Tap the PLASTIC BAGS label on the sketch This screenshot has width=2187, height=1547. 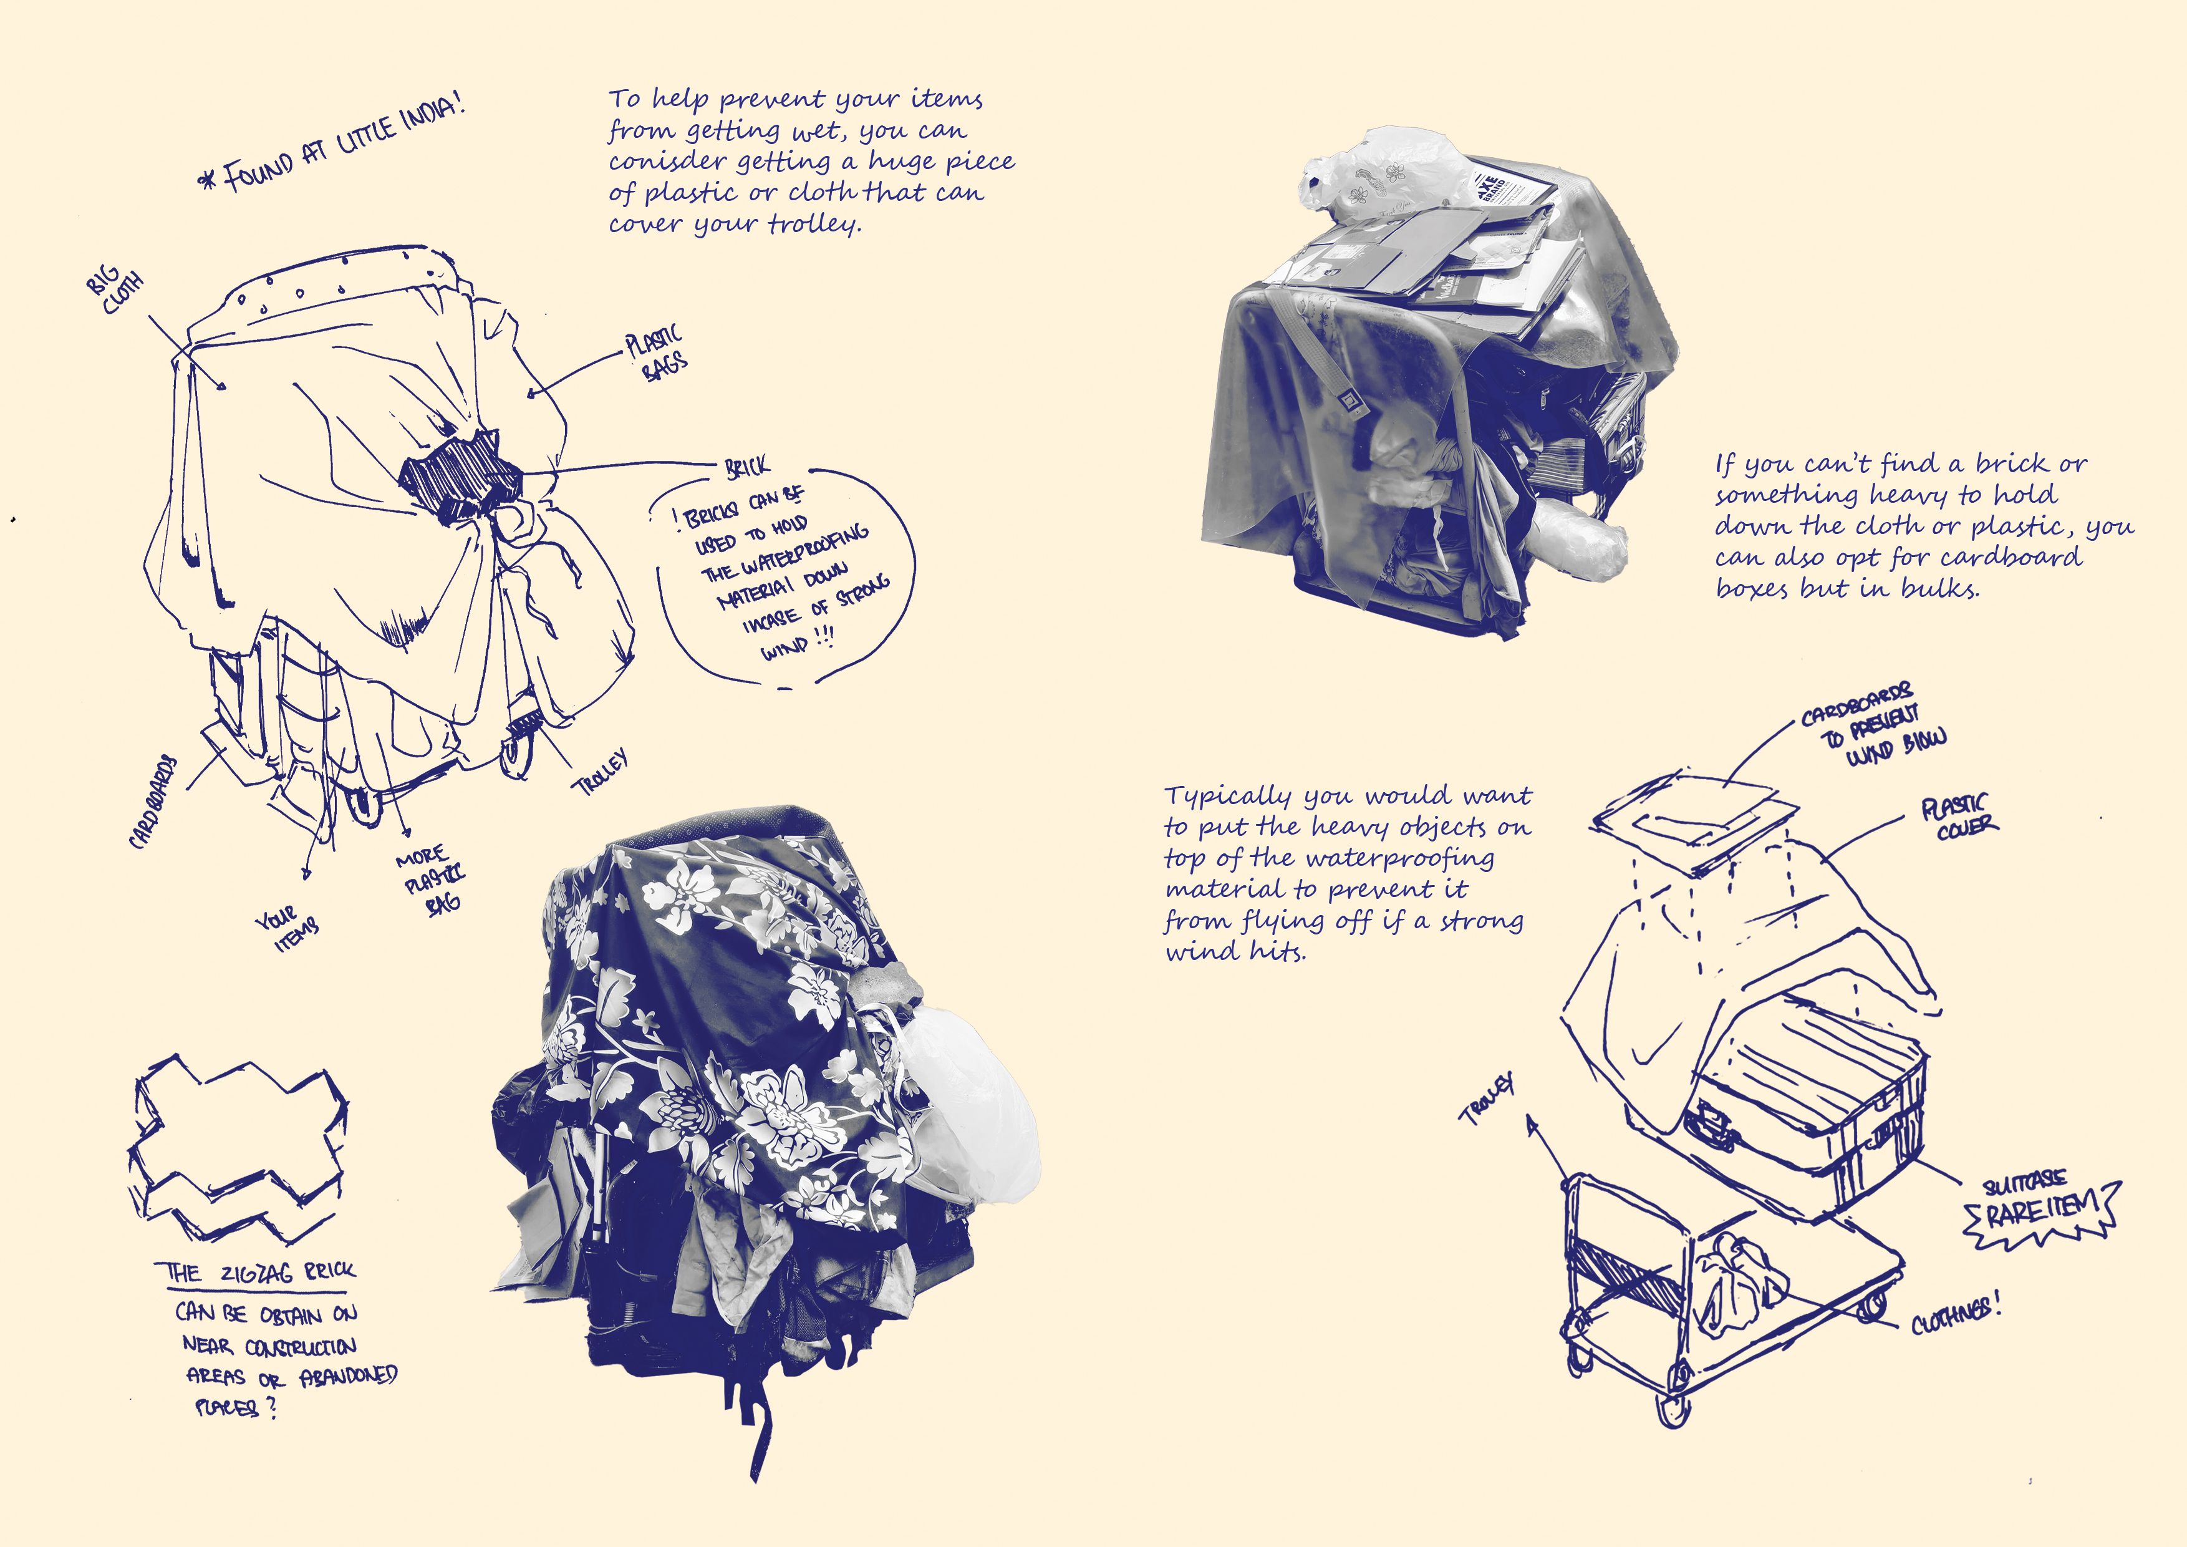[655, 352]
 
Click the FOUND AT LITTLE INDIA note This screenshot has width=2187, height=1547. [334, 143]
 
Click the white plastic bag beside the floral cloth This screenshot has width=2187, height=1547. [967, 1105]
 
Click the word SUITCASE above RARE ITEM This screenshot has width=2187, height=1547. [2024, 1184]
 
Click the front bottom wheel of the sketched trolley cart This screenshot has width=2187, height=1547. [1674, 1408]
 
